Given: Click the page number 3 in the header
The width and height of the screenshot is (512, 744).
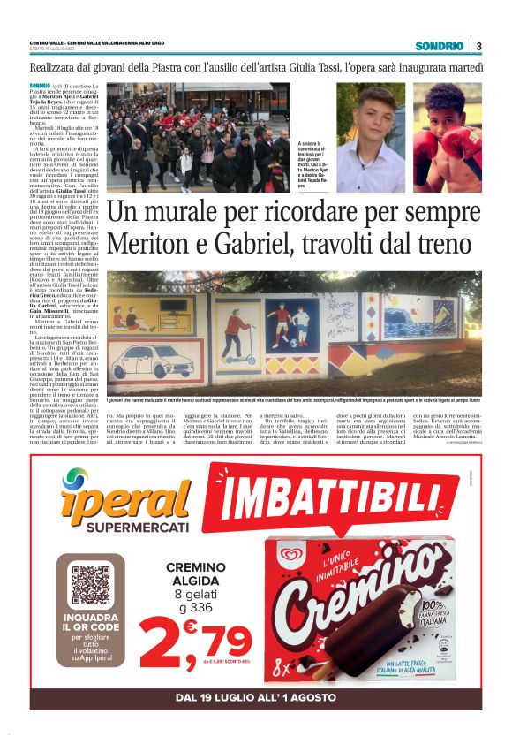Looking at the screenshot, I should click(478, 46).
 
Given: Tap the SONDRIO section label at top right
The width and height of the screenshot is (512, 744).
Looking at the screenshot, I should click(439, 46).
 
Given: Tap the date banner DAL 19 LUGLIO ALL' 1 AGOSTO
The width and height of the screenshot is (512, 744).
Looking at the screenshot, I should click(255, 698).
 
